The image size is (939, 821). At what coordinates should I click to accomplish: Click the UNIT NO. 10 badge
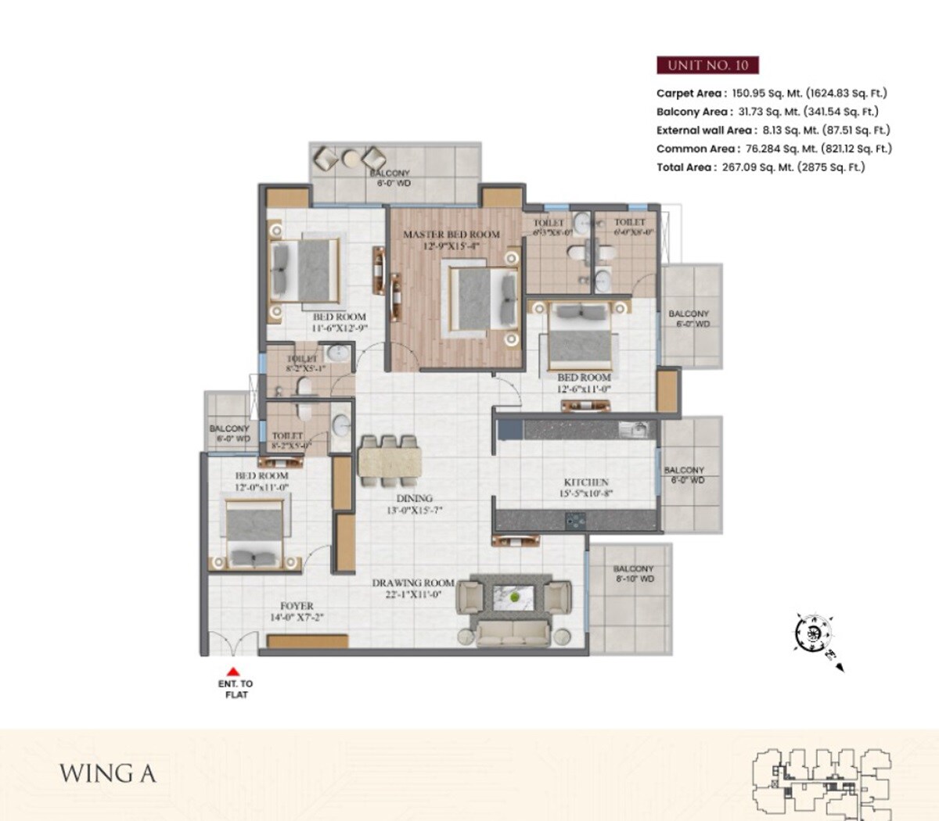point(707,65)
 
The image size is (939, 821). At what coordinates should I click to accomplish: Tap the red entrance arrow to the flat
point(233,670)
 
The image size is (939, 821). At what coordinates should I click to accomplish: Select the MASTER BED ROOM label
point(451,234)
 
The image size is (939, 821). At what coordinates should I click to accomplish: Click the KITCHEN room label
point(586,482)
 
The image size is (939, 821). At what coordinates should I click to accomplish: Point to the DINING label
point(414,498)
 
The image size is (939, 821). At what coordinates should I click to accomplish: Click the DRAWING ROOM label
point(412,583)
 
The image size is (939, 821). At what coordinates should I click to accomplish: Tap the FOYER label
point(297,606)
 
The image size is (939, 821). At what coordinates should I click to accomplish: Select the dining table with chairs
point(390,459)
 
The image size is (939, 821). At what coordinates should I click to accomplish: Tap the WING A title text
point(107,773)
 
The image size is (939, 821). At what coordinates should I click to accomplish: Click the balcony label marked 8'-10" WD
point(633,574)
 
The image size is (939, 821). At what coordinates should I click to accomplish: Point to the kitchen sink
point(631,429)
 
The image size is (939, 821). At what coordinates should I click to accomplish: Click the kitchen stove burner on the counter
point(576,518)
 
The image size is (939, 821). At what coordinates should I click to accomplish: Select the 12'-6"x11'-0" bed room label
point(584,382)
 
